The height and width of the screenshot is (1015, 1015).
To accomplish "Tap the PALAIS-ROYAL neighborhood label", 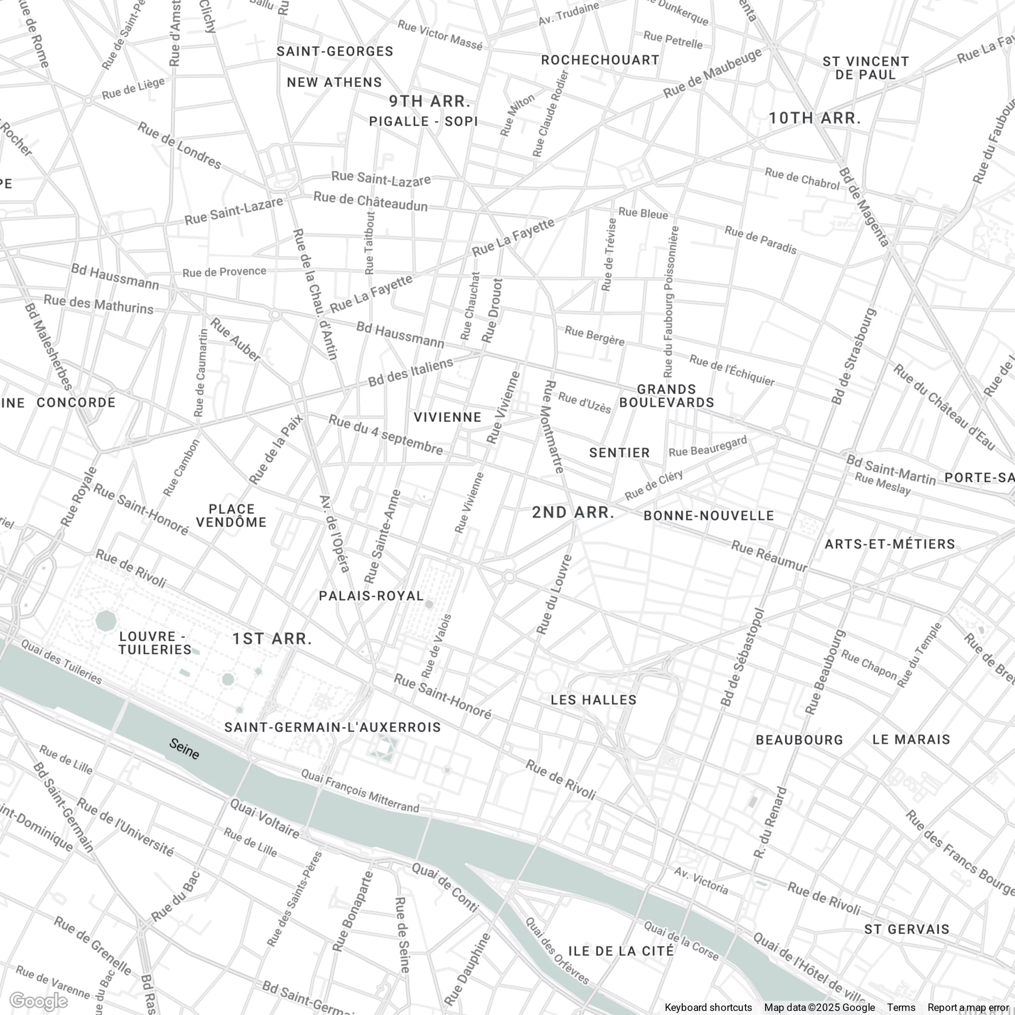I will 371,596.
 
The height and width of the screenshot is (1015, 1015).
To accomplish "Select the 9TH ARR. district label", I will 429,101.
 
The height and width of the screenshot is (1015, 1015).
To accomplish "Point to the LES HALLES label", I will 594,700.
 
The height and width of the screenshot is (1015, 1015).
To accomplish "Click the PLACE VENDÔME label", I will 231,515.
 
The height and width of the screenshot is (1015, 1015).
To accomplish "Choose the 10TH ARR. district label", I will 815,118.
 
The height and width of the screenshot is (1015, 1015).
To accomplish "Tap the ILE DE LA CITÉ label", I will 621,951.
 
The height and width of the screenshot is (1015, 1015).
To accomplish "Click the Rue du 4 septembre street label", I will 386,435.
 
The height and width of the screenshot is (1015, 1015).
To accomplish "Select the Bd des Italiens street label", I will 410,372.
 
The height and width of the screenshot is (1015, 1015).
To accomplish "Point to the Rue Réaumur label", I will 769,556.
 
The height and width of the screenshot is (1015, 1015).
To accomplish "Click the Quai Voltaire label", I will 265,818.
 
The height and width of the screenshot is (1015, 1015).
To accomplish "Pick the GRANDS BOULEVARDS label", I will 666,396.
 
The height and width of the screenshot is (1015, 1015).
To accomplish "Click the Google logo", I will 38,1002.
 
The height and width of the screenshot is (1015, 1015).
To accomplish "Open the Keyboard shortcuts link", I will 708,1007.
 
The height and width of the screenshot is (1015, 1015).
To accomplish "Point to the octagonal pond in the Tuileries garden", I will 107,620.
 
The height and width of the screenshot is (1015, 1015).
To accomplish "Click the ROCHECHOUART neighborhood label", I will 600,60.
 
